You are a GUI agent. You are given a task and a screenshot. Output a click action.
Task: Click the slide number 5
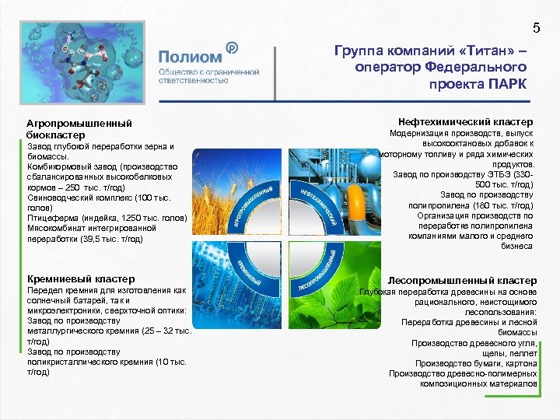pos(536,30)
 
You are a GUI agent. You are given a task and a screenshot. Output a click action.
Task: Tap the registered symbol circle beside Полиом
pos(231,48)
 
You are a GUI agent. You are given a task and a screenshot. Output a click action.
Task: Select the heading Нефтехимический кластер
pos(465,122)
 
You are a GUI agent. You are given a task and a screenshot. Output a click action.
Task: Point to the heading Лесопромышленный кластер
pos(462,280)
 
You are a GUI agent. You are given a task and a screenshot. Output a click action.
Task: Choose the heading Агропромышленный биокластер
pos(68,129)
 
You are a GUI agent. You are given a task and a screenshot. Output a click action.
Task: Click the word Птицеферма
pos(51,219)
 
